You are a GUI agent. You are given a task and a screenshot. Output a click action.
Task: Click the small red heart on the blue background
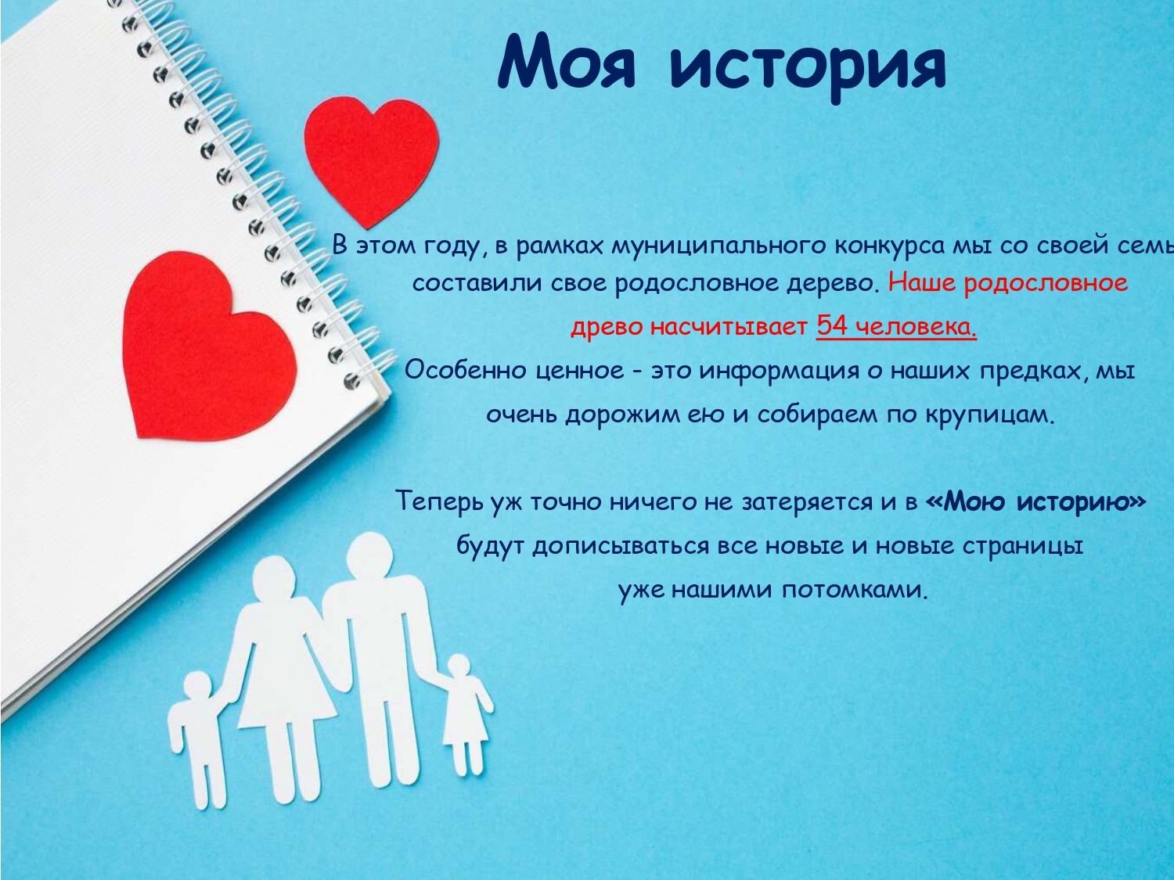pyautogui.click(x=372, y=160)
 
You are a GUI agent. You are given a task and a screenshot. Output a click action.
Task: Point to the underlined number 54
pyautogui.click(x=832, y=326)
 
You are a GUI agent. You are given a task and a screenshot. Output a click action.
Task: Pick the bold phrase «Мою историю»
pyautogui.click(x=1035, y=501)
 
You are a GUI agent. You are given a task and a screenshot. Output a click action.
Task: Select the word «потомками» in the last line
pyautogui.click(x=854, y=590)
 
